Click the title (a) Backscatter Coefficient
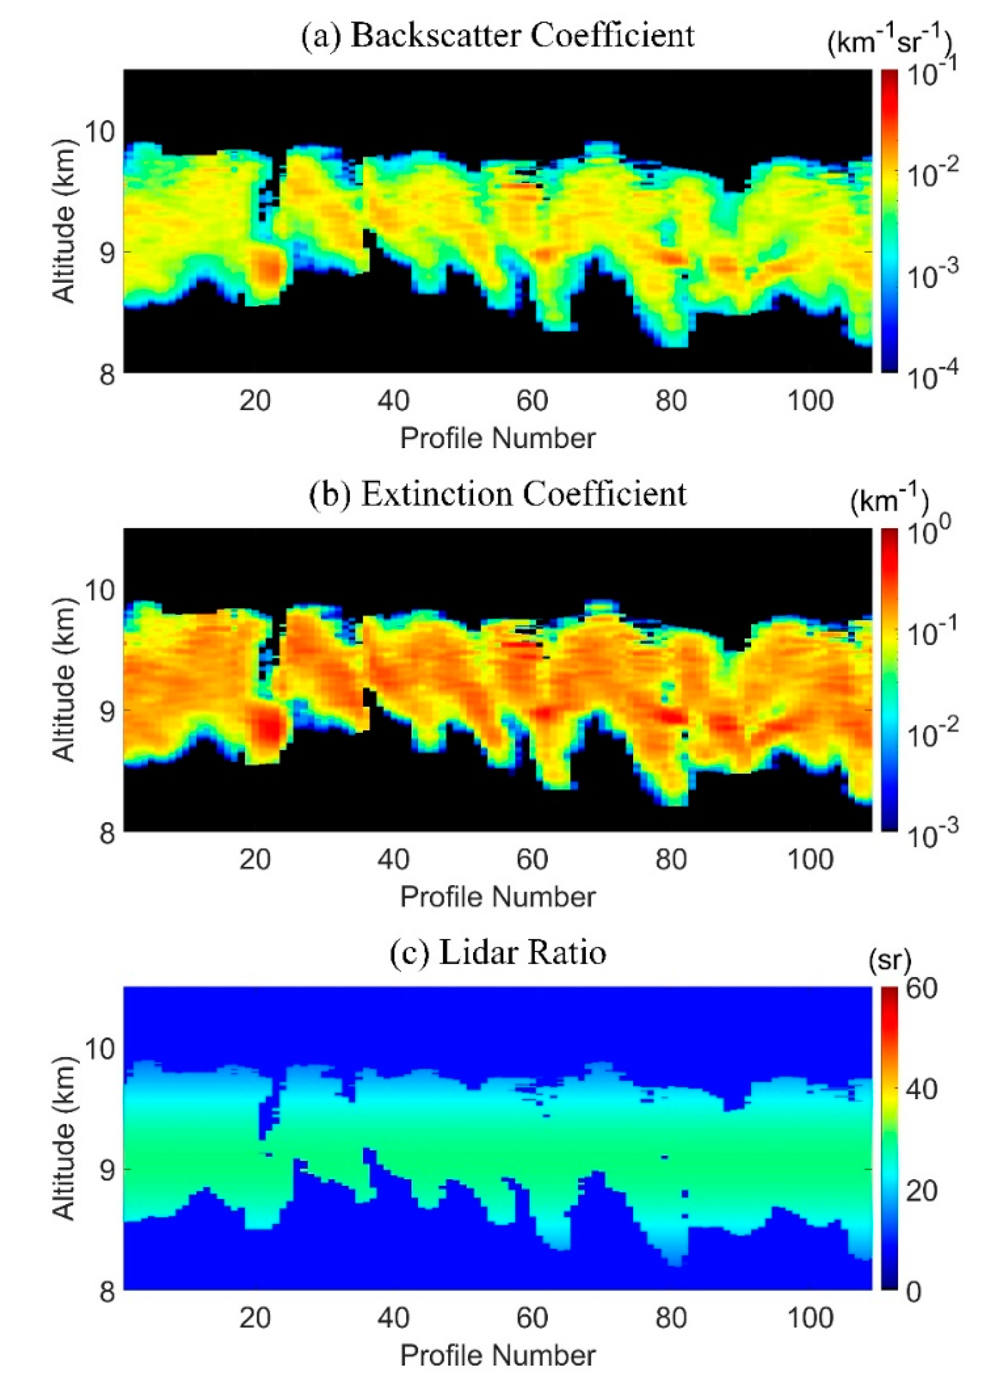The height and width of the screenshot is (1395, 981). click(x=497, y=36)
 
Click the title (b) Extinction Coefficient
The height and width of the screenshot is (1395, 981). click(x=497, y=494)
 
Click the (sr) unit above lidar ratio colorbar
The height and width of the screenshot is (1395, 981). click(x=890, y=960)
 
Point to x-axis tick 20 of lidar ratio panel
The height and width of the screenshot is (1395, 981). click(x=254, y=1318)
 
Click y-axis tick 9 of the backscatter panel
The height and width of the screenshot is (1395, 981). click(x=107, y=252)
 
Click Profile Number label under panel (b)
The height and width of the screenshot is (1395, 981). click(x=497, y=897)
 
